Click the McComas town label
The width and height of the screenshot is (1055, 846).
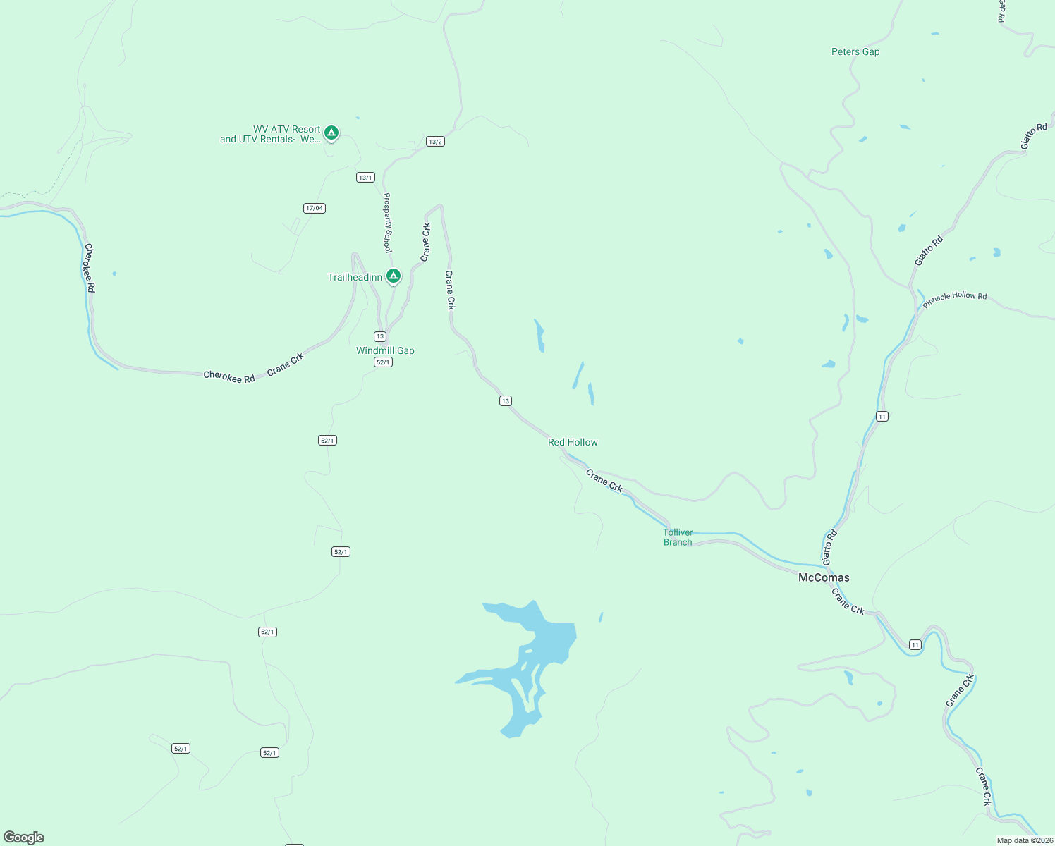(x=823, y=577)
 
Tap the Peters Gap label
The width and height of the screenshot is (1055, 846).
(x=855, y=51)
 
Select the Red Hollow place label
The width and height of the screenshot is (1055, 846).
(x=573, y=442)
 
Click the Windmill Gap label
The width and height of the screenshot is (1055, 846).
(x=385, y=350)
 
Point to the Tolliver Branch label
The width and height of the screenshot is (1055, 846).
(x=678, y=537)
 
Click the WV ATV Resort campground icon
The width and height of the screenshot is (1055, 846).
(x=331, y=133)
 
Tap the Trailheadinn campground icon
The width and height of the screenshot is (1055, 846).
(x=394, y=276)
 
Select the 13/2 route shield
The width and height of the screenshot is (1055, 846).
(x=435, y=142)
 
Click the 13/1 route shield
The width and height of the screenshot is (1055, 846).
(x=365, y=178)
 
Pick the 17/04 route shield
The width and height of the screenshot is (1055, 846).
(x=315, y=208)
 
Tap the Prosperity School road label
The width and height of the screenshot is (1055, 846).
(x=387, y=222)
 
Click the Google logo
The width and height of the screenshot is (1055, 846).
(x=24, y=838)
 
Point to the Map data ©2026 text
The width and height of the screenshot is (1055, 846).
(x=1024, y=840)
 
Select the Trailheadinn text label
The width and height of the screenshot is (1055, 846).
(x=355, y=277)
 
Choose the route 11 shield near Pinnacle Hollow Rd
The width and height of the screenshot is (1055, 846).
(x=882, y=417)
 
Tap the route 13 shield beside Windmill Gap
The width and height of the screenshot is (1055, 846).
(x=380, y=336)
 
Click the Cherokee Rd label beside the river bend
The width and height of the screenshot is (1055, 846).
(x=90, y=268)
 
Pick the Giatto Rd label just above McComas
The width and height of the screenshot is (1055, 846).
(x=829, y=546)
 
